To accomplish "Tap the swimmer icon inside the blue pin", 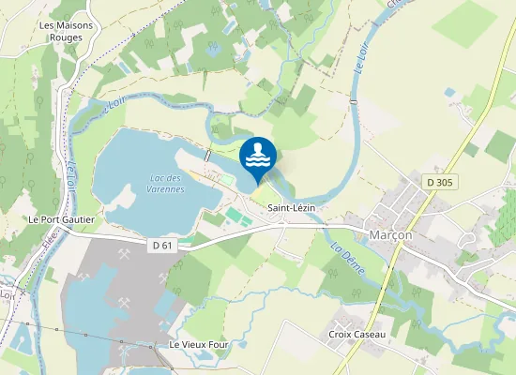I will coord(258,156).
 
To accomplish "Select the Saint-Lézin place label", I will coord(290,207).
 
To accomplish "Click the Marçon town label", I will coord(390,235).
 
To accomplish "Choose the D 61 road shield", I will coord(163,246).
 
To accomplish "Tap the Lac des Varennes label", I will coord(168,184).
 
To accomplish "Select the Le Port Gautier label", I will coord(60,219).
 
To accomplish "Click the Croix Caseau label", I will coord(357,335).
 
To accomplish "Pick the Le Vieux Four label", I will coord(199,345).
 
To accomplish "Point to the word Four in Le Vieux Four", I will coord(219,345).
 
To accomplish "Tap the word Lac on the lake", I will coord(157,178).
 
